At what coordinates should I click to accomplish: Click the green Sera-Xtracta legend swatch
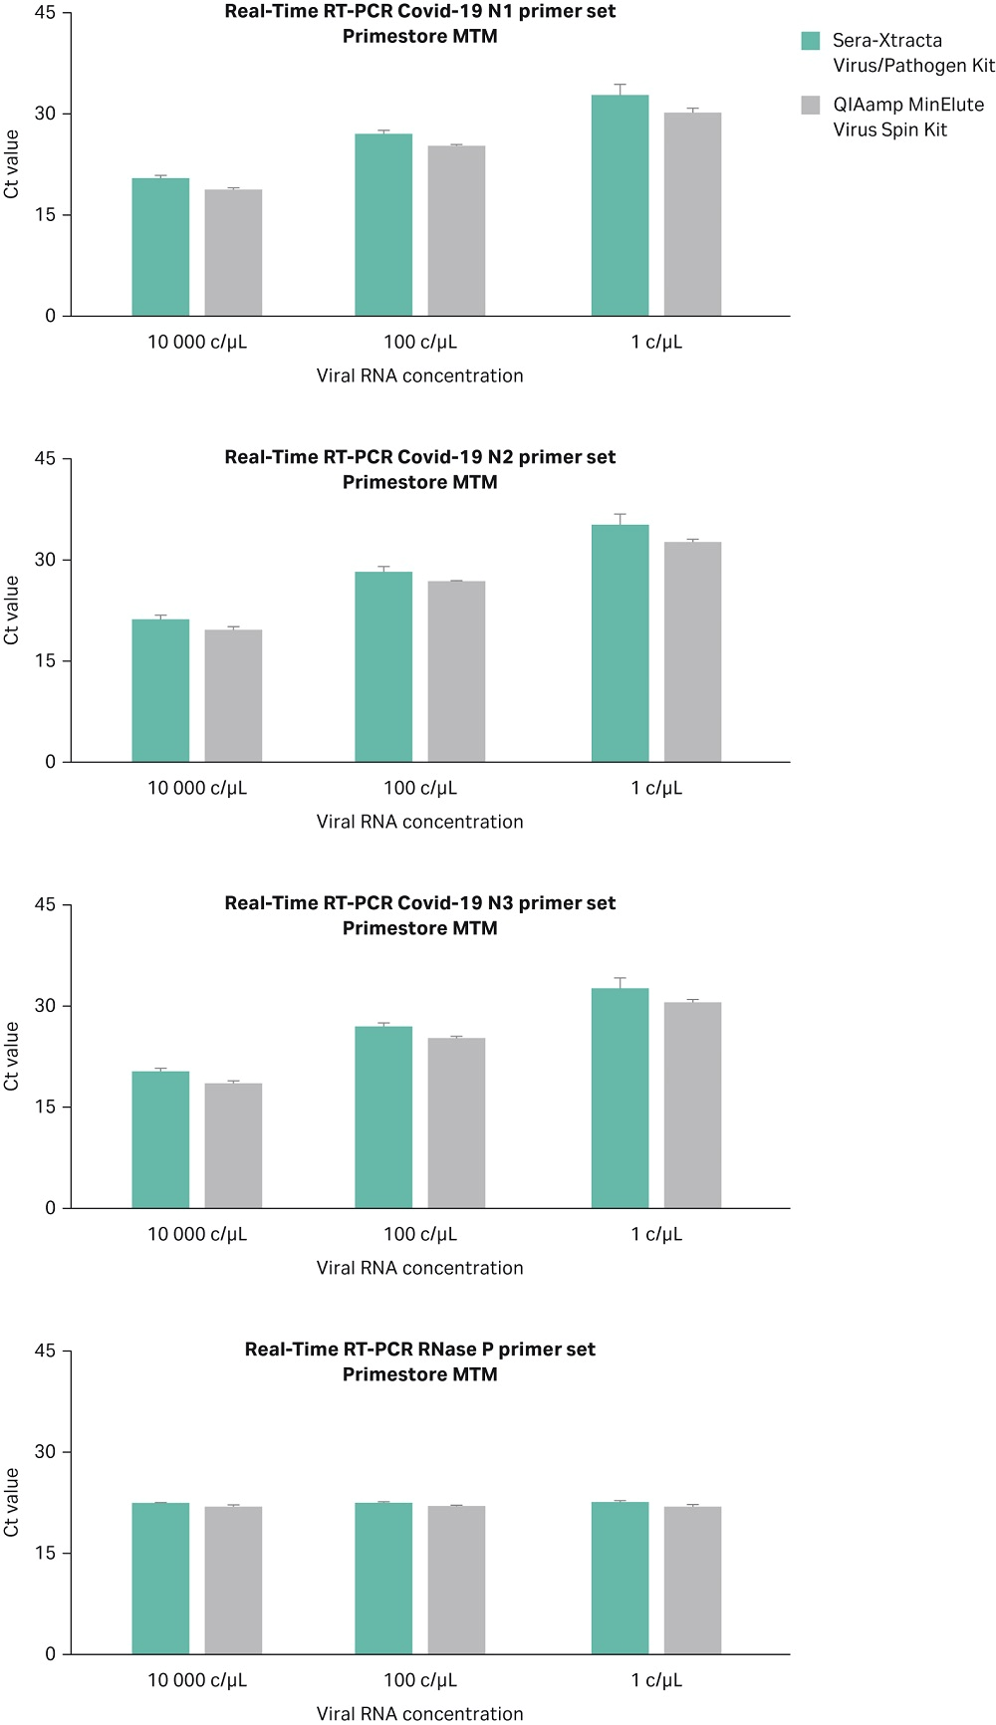[811, 41]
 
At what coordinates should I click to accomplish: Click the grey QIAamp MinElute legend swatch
[811, 105]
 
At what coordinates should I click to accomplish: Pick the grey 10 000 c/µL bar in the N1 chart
[233, 253]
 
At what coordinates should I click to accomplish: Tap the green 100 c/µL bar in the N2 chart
[383, 666]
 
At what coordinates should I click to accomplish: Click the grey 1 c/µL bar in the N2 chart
[692, 651]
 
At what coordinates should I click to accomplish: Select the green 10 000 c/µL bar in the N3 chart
[160, 1139]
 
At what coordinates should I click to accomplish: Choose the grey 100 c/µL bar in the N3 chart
[456, 1122]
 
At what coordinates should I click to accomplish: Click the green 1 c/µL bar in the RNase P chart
[620, 1578]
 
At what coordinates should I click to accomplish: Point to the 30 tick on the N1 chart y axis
[46, 114]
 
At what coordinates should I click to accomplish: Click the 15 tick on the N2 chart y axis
[46, 660]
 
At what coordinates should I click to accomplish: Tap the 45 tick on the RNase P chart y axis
[46, 1351]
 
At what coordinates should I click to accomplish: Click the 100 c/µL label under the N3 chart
[420, 1234]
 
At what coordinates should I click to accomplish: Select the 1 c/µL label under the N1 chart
[656, 342]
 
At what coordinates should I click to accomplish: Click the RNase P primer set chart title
[419, 1350]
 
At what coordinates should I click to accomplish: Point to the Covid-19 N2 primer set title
[419, 457]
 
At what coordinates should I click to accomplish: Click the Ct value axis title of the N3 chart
[12, 1056]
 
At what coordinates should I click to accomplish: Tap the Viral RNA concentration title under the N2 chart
[419, 822]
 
